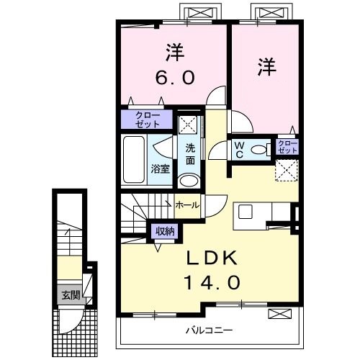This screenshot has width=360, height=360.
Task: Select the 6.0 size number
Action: click(173, 76)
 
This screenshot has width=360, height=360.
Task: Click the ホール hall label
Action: click(189, 205)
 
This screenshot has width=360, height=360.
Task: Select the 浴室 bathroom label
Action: click(160, 169)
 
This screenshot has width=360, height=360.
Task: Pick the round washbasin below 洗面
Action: click(188, 181)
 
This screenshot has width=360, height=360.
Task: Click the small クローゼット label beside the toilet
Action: click(287, 149)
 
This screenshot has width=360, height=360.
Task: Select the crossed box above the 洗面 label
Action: click(189, 123)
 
